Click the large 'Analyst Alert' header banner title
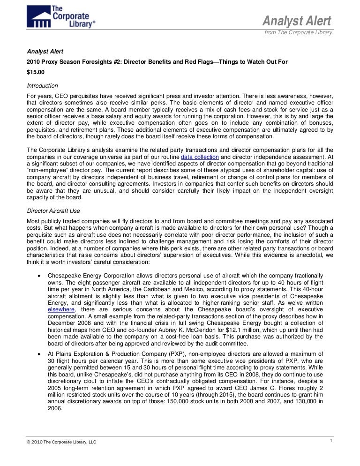296,21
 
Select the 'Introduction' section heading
42,86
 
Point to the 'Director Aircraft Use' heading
55,211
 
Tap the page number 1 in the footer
331,440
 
